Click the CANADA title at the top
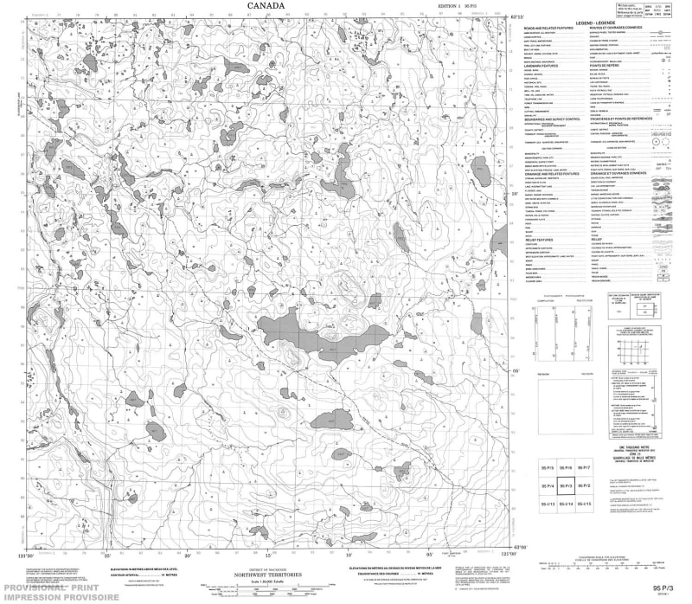266,6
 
